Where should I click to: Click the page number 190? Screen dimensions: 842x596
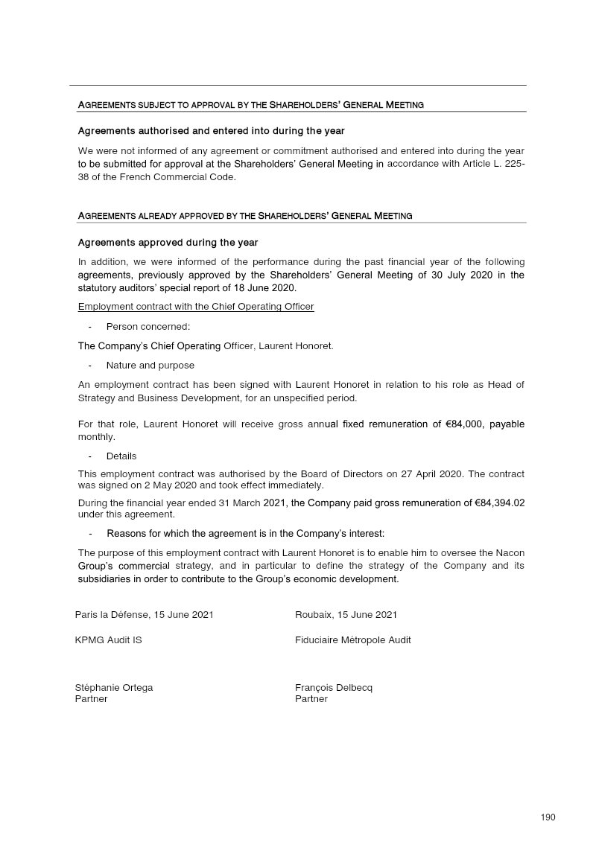(548, 817)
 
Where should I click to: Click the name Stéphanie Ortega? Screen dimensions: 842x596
(114, 687)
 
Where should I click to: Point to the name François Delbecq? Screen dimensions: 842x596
(334, 687)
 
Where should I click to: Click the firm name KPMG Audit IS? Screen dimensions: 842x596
(109, 640)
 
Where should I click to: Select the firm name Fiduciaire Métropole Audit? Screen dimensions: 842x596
(353, 640)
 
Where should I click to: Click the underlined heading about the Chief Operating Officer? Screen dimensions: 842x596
(196, 307)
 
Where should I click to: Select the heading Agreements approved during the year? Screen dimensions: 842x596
(168, 243)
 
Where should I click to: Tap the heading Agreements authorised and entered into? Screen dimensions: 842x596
(211, 131)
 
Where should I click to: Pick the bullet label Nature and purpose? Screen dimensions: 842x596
(150, 366)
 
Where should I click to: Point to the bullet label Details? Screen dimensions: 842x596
(121, 456)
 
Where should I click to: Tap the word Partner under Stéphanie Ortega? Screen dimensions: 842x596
(92, 699)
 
